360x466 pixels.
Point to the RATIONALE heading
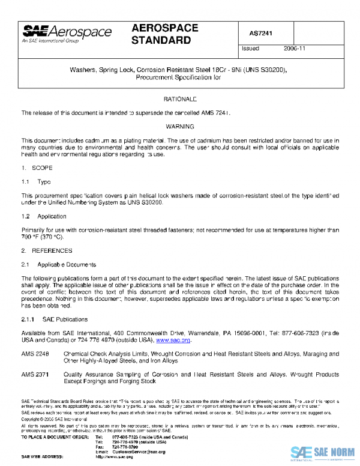[x=180, y=98]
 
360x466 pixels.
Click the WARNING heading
[x=180, y=127]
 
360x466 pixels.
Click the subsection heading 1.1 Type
[x=37, y=181]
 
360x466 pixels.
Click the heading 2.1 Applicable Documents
[x=55, y=264]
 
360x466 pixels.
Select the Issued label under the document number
[x=250, y=49]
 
